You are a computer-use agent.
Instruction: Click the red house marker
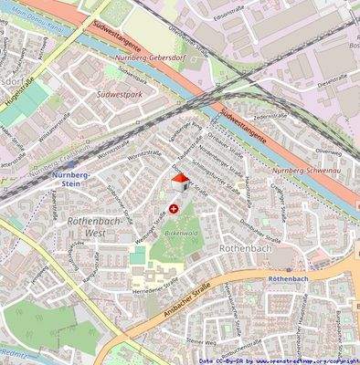pyautogui.click(x=180, y=182)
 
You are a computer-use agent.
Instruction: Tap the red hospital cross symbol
pyautogui.click(x=175, y=210)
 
